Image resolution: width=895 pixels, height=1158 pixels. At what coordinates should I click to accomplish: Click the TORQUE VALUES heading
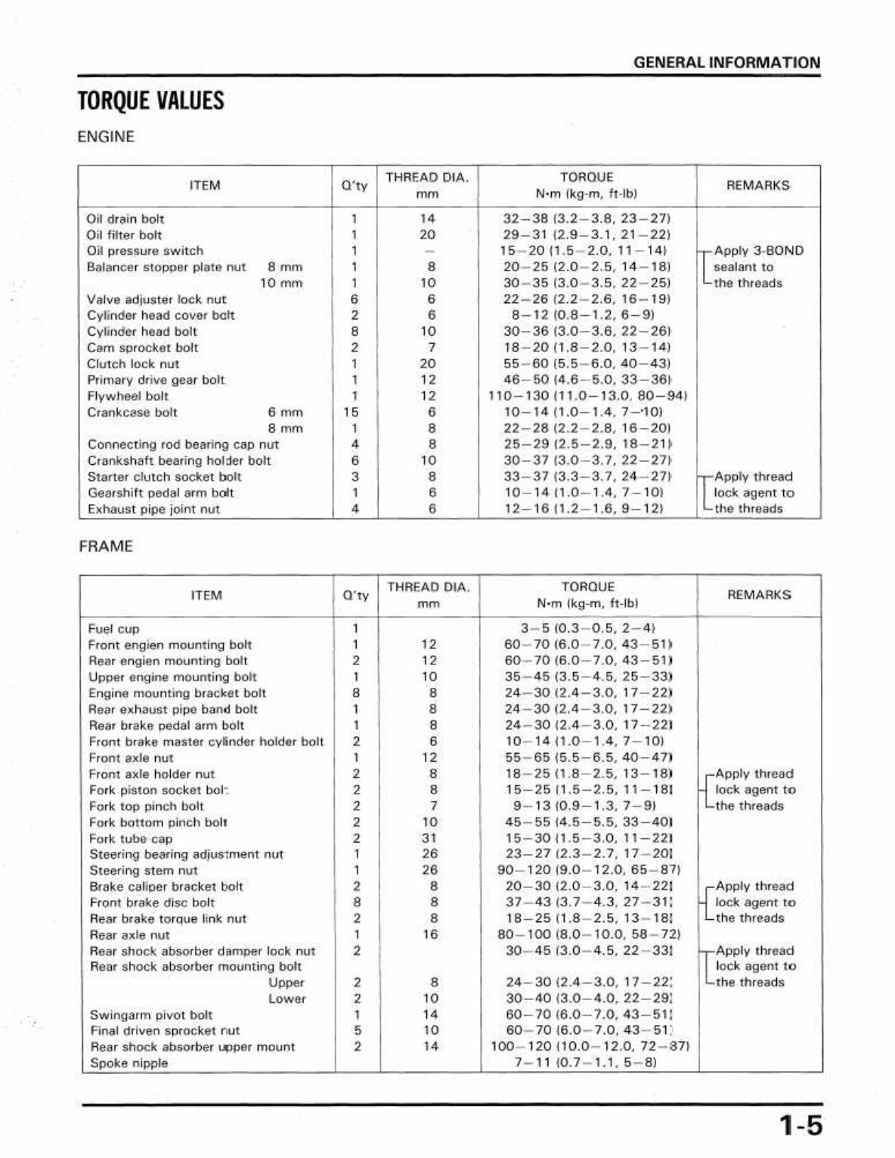coord(151,101)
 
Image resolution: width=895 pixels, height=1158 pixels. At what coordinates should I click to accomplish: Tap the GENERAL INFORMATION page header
coord(726,63)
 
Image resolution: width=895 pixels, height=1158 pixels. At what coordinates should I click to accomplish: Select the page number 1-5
coord(801,1126)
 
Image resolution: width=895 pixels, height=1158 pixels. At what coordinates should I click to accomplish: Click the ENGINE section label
coord(106,137)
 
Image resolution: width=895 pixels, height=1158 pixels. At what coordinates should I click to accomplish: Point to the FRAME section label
coord(105,546)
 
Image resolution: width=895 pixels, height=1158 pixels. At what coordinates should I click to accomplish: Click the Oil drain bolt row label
coord(125,219)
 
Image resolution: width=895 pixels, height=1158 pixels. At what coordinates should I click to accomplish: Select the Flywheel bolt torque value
coord(587,396)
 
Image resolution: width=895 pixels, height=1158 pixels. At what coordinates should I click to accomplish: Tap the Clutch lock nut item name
coord(133,364)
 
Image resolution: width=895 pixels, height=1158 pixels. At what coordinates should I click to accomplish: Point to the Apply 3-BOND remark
coord(758,251)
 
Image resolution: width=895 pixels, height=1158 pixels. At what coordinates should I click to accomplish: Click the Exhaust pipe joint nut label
coord(153,509)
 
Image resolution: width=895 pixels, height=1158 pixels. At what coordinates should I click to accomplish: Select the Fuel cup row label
coord(114,629)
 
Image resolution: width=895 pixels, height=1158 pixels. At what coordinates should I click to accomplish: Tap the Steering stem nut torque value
coord(588,870)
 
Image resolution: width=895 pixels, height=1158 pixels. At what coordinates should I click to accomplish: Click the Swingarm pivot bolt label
coord(150,1015)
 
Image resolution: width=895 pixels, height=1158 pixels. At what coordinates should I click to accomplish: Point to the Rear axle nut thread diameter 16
coord(429,935)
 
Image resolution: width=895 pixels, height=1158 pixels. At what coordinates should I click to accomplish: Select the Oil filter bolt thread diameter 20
coord(428,235)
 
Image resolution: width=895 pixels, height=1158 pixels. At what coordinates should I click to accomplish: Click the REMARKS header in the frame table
coord(759,595)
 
